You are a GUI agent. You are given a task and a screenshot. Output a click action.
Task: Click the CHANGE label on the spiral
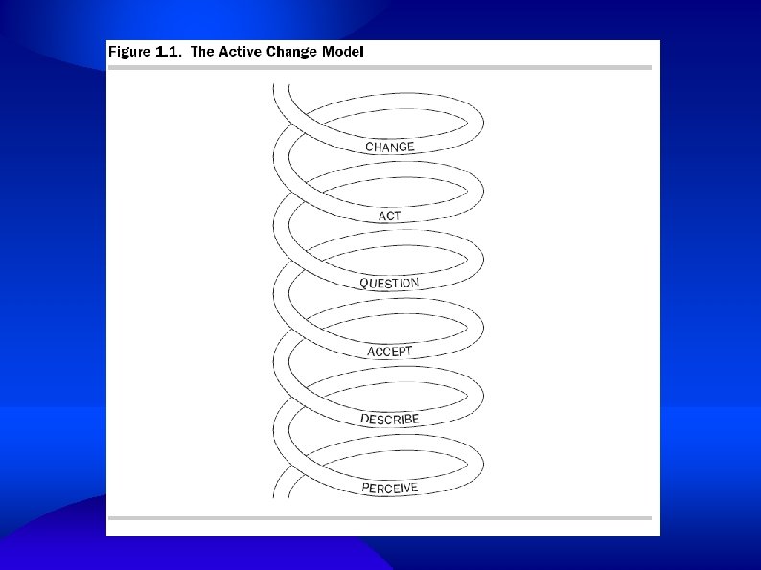click(390, 147)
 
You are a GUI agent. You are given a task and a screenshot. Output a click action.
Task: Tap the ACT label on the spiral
click(390, 216)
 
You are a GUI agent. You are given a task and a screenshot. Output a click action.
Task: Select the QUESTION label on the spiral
click(390, 284)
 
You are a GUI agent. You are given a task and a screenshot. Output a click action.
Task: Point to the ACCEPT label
click(390, 352)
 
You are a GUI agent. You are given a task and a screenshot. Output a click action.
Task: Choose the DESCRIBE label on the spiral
click(390, 420)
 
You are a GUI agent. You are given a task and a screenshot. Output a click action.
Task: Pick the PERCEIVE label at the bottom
click(390, 489)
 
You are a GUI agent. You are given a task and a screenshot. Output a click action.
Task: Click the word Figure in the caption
click(128, 52)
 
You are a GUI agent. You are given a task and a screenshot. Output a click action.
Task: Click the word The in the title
click(202, 52)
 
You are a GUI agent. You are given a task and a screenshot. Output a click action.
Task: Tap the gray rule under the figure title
click(380, 67)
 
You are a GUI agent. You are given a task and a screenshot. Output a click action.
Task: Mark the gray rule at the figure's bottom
click(380, 518)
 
